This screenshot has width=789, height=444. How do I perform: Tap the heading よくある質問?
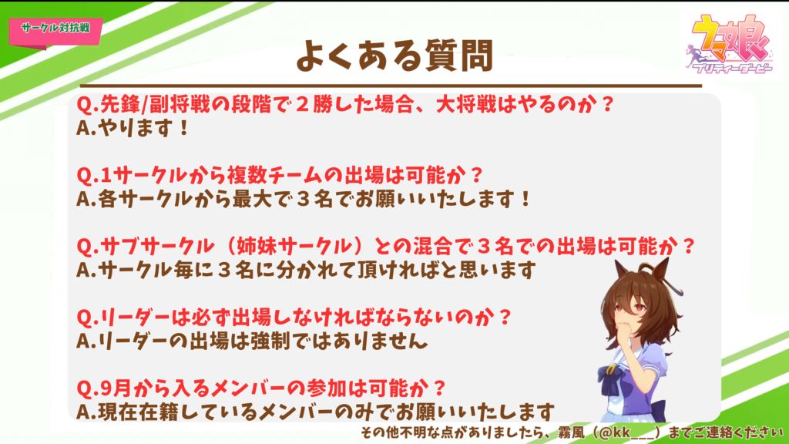coord(394,55)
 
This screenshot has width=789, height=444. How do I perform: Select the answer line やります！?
coord(133,128)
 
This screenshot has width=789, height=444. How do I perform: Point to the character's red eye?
coord(640,306)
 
